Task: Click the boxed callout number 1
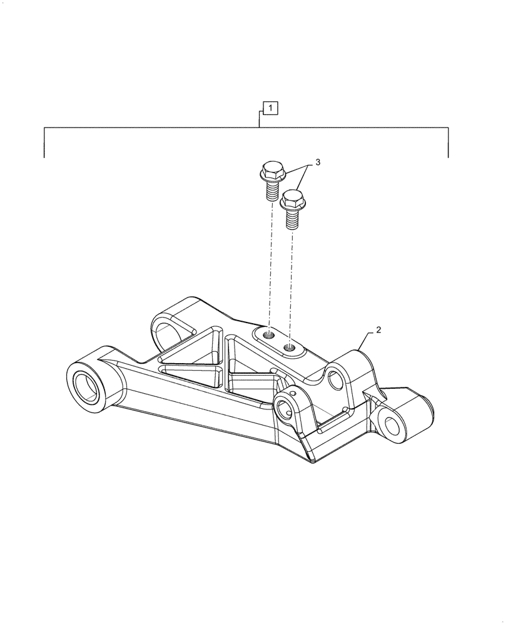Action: point(270,109)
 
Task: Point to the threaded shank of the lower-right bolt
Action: point(292,219)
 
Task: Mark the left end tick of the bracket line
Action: point(44,150)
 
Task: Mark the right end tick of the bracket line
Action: point(448,150)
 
